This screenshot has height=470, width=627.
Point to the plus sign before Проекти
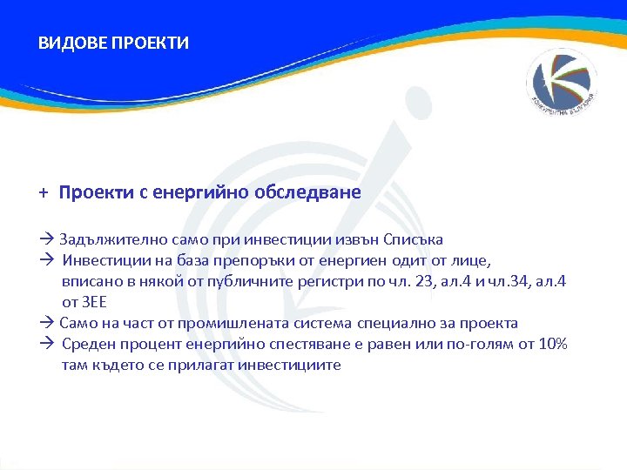(43, 192)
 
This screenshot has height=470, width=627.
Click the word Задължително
(109, 239)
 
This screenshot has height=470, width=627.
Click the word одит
(395, 260)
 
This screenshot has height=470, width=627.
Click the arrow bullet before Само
(47, 323)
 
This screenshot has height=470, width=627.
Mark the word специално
(392, 323)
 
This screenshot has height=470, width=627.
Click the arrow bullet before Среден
(47, 344)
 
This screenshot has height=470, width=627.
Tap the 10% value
(550, 344)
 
